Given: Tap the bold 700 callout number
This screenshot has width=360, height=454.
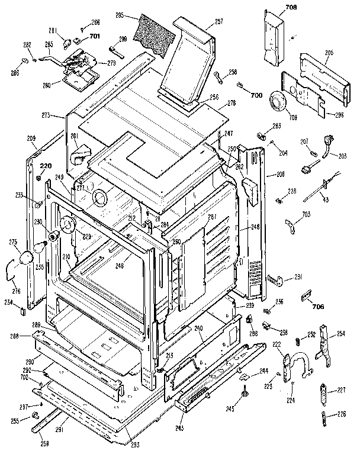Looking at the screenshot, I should pyautogui.click(x=256, y=95).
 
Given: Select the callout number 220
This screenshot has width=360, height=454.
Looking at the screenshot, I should pyautogui.click(x=46, y=166).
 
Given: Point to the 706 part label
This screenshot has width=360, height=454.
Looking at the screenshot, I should pyautogui.click(x=318, y=307).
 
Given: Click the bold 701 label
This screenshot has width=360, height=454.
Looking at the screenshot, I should pyautogui.click(x=95, y=36).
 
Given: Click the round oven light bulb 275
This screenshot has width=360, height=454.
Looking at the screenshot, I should pyautogui.click(x=27, y=256).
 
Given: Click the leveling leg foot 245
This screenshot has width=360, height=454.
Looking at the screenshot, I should pyautogui.click(x=244, y=391).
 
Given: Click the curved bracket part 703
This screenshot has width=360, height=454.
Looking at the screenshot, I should pyautogui.click(x=291, y=226).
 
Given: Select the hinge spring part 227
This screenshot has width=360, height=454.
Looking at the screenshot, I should pyautogui.click(x=323, y=393).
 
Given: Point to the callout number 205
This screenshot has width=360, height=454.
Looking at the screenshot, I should pyautogui.click(x=329, y=53).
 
